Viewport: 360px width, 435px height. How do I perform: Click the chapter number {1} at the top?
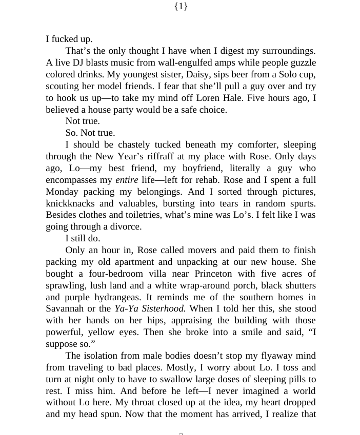[181, 6]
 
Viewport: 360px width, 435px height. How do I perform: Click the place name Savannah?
[65, 309]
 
